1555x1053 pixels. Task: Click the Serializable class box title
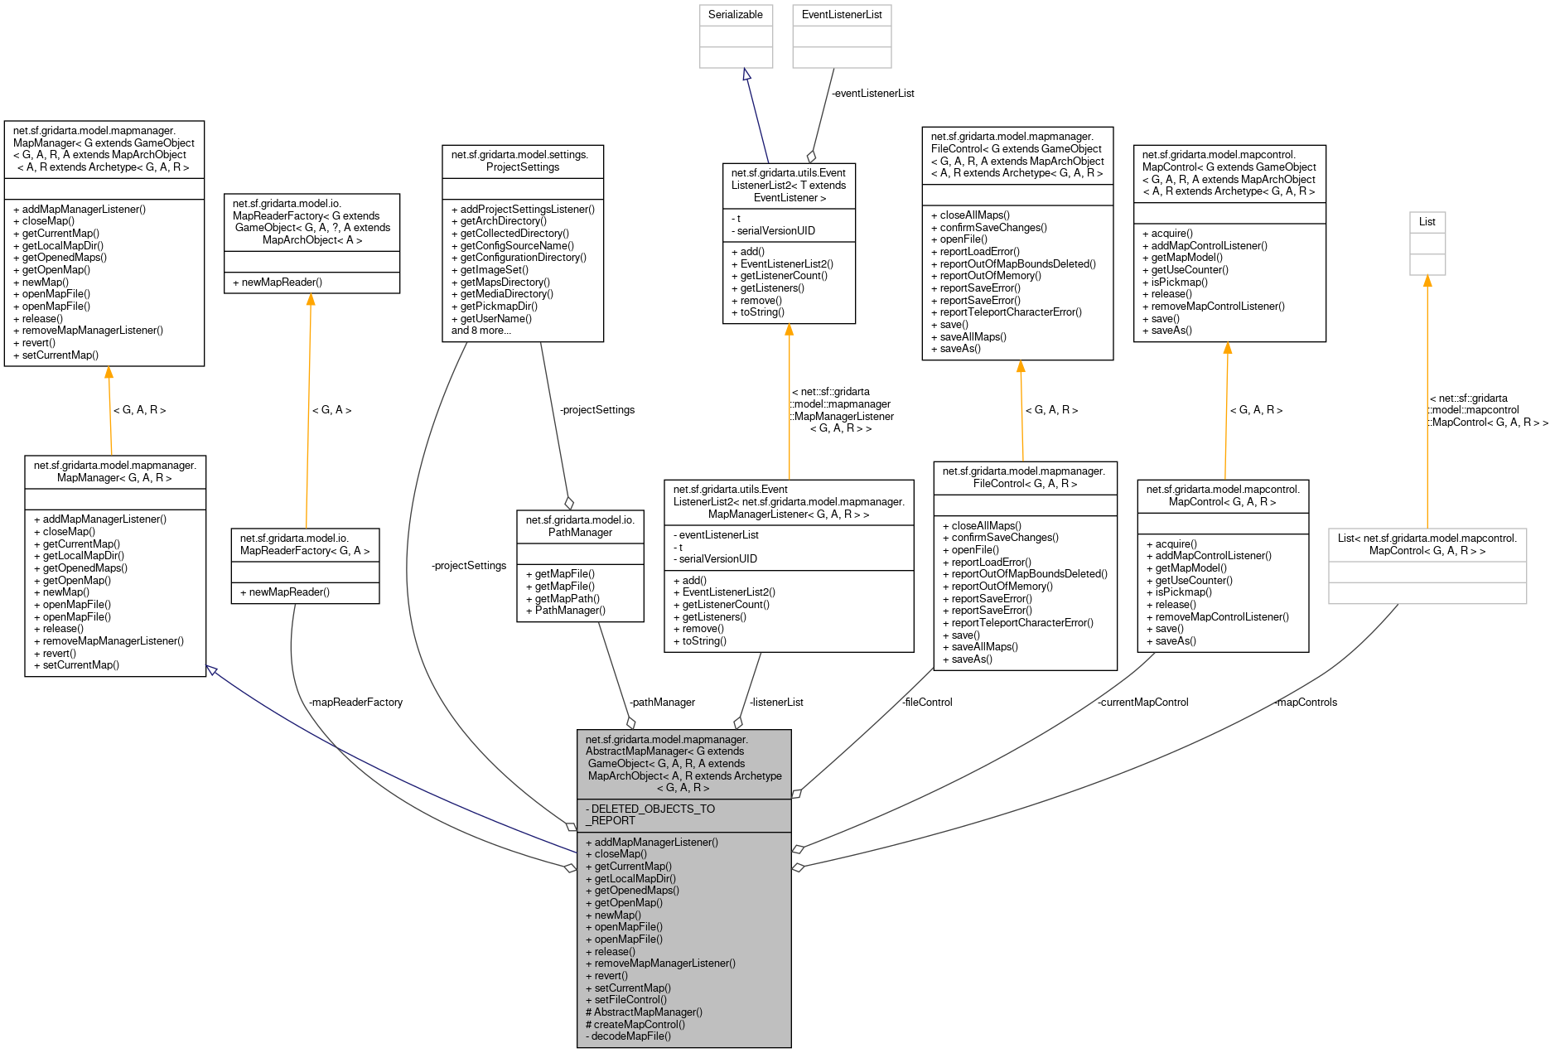(735, 15)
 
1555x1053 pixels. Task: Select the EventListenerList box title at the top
(841, 15)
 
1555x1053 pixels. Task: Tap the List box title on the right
(1427, 222)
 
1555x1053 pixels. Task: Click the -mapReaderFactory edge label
(355, 703)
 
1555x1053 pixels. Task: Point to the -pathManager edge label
(662, 703)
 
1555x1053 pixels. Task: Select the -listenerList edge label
(776, 703)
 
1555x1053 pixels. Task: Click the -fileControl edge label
(927, 703)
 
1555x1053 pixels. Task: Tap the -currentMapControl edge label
(1142, 703)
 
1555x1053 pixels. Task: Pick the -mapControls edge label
(1306, 703)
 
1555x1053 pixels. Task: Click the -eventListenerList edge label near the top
(872, 94)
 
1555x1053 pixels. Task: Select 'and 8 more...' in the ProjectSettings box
(481, 331)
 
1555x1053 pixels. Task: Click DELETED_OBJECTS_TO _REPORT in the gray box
(650, 815)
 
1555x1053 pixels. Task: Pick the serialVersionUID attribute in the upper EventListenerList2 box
(775, 231)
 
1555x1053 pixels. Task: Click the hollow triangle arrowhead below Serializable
(746, 75)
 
